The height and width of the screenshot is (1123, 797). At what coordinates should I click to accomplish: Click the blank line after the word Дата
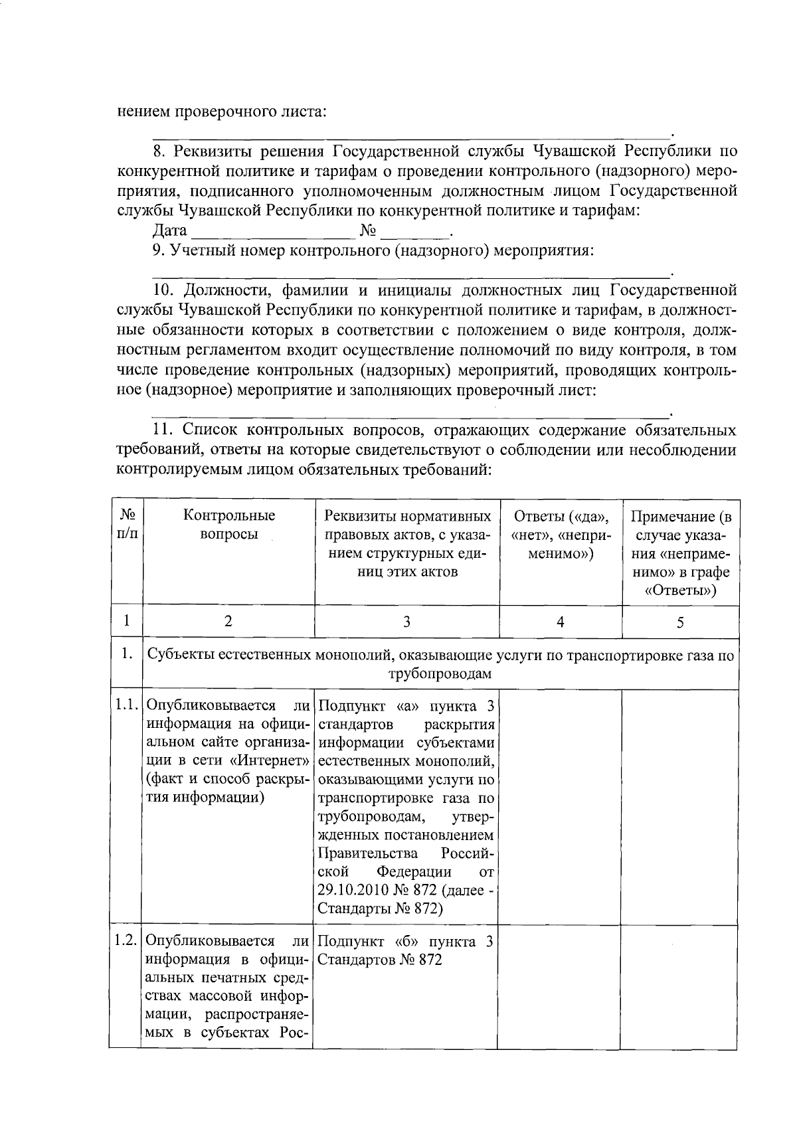(x=272, y=234)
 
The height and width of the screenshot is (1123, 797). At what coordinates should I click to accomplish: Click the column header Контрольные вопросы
(x=229, y=525)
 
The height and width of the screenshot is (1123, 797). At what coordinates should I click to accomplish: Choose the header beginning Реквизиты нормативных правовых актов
(x=407, y=543)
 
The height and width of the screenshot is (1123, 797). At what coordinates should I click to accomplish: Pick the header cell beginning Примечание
(x=681, y=553)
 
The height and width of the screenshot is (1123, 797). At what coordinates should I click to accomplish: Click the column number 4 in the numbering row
(x=561, y=622)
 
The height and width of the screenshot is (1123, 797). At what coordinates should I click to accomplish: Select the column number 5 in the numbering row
(x=680, y=622)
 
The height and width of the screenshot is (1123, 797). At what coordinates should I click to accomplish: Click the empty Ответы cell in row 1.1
(x=560, y=806)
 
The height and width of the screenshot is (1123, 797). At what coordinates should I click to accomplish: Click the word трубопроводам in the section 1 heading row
(x=440, y=674)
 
